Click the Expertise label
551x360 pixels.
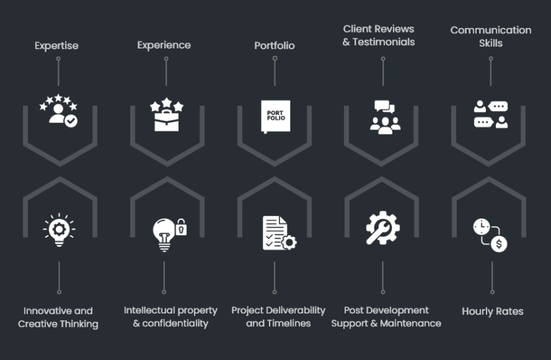tap(56, 46)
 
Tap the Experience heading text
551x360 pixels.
tap(164, 45)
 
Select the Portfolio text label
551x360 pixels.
tap(274, 46)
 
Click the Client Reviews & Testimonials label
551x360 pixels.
tap(378, 35)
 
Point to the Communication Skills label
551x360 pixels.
tap(491, 37)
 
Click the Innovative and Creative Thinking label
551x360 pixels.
tap(58, 317)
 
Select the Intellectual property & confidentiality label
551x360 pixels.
tap(171, 317)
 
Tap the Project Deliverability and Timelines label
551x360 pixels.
tap(278, 317)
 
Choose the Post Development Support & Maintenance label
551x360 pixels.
tap(386, 317)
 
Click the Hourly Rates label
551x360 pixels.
tap(493, 312)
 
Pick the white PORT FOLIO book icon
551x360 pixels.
tap(275, 116)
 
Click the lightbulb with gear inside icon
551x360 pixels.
tap(58, 230)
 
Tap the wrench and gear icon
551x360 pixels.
tap(383, 227)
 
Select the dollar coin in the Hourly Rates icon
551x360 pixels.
tap(500, 244)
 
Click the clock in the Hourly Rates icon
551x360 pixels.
tap(481, 226)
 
